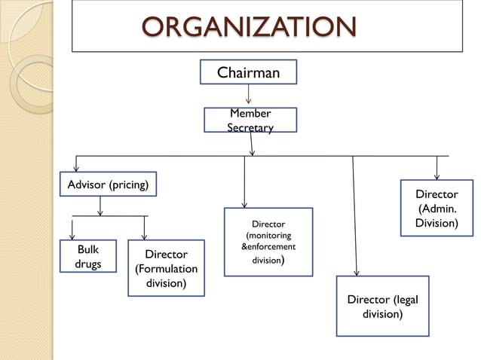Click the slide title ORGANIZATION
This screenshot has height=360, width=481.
point(250,27)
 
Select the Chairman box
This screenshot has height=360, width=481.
point(248,72)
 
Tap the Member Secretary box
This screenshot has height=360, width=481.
point(250,121)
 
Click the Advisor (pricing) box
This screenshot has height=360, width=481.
point(108,184)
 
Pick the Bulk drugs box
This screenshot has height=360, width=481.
point(88,256)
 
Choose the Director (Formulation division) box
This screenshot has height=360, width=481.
point(166,268)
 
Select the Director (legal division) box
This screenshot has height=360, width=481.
point(381,307)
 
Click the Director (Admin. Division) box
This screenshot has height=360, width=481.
point(437,208)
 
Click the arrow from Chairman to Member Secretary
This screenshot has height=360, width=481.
point(249,96)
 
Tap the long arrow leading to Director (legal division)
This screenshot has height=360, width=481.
point(355,218)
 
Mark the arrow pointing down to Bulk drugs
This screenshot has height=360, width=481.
point(72,228)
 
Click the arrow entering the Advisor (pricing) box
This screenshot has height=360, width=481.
point(76,163)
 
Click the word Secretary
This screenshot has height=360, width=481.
point(250,128)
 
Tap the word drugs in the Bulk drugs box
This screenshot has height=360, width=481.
point(88,264)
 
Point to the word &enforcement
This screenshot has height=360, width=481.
point(268,247)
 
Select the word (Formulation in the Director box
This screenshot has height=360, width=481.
point(166,269)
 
